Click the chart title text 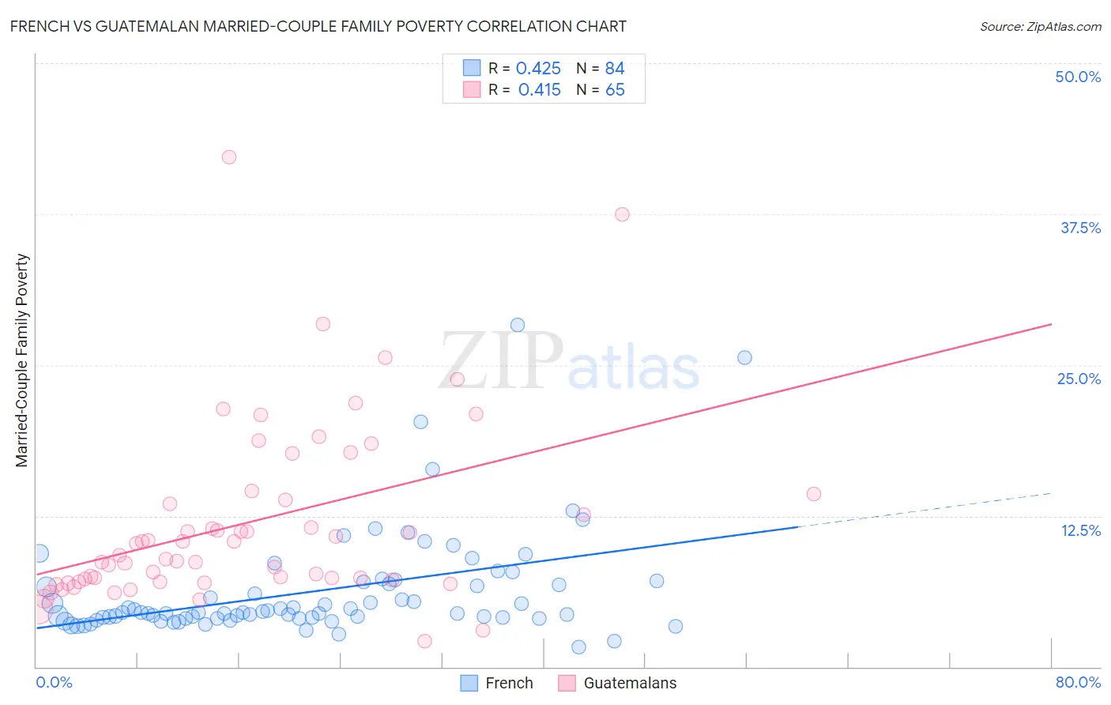tap(318, 26)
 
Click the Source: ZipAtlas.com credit tap(1040, 26)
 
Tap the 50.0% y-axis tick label tap(1078, 77)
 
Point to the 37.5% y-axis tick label tap(1080, 228)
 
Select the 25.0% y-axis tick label tap(1079, 379)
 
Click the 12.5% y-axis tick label tap(1080, 530)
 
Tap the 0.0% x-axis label tap(54, 682)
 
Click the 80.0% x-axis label tap(1078, 682)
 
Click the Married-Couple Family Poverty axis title tap(22, 360)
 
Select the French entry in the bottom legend tap(509, 683)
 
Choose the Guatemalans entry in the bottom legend tap(630, 683)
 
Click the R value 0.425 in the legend tap(538, 69)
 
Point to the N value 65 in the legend tap(615, 90)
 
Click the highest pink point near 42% tap(229, 156)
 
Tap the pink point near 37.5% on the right tap(622, 214)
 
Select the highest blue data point tap(518, 325)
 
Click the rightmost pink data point tap(814, 494)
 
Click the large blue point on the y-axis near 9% tap(40, 553)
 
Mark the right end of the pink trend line tap(1051, 324)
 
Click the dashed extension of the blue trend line tap(925, 510)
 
